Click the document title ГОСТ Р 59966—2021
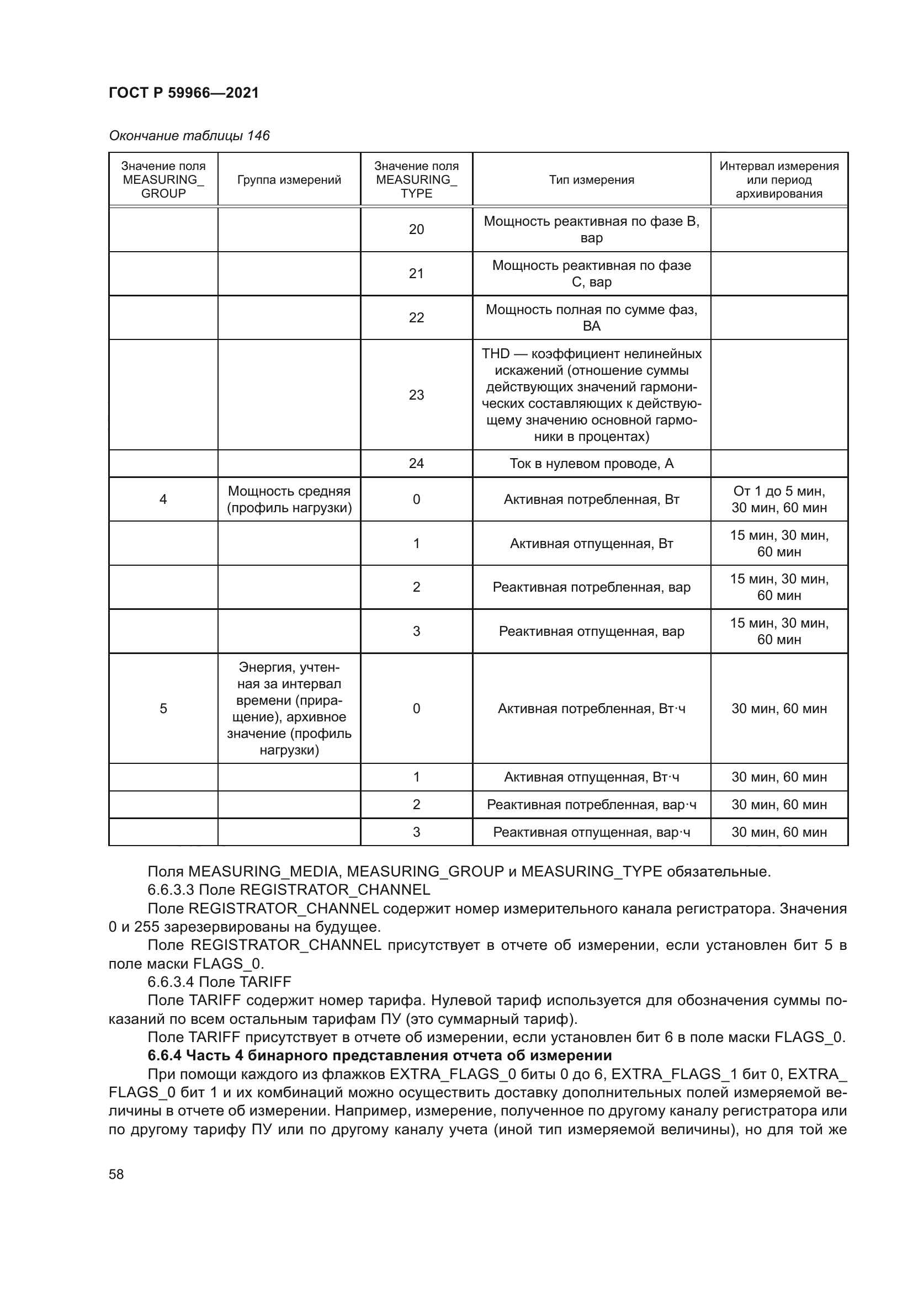coord(184,93)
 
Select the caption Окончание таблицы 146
coord(189,136)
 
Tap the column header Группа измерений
coord(289,180)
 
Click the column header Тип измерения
coord(591,180)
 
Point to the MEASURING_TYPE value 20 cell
coord(416,230)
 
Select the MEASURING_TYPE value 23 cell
coord(416,395)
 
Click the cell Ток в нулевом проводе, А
coord(591,463)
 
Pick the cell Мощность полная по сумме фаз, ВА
coord(591,318)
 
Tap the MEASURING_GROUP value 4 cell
coord(163,500)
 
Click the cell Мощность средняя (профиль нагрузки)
coord(289,500)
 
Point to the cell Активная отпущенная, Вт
coord(591,543)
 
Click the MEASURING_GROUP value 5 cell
coord(163,709)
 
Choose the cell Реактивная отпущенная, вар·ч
coord(591,832)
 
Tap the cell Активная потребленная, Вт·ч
coord(591,709)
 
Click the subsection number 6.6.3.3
coord(171,890)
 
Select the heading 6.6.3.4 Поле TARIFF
coord(219,982)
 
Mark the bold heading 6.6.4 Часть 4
coord(379,1055)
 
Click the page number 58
coord(116,1174)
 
